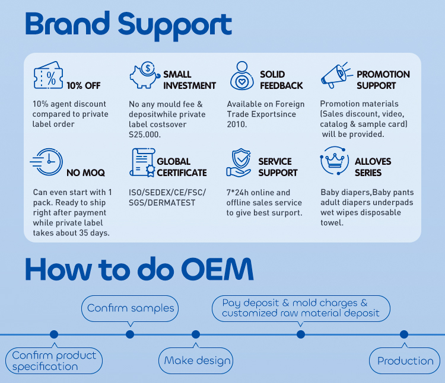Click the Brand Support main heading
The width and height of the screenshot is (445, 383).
pyautogui.click(x=129, y=24)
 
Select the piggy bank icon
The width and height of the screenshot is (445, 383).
pyautogui.click(x=144, y=75)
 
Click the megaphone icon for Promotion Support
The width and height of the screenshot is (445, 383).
pyautogui.click(x=336, y=76)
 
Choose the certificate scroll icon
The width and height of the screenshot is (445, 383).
pyautogui.click(x=141, y=162)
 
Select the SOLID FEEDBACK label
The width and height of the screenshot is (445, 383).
pyautogui.click(x=281, y=80)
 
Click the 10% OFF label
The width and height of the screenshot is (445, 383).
pyautogui.click(x=83, y=85)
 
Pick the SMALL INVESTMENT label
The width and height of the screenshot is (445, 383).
pyautogui.click(x=189, y=80)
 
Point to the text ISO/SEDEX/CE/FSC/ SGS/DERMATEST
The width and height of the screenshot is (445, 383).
pyautogui.click(x=167, y=198)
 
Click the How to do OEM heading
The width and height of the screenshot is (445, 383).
pyautogui.click(x=139, y=269)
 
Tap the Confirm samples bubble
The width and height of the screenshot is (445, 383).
pyautogui.click(x=131, y=308)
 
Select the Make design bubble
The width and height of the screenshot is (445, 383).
pyautogui.click(x=196, y=360)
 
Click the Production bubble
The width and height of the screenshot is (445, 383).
pyautogui.click(x=405, y=360)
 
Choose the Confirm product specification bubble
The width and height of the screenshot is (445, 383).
pyautogui.click(x=54, y=360)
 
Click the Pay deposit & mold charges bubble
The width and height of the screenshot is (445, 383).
pyautogui.click(x=301, y=308)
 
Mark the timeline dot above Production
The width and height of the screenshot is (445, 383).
pyautogui.click(x=404, y=334)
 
